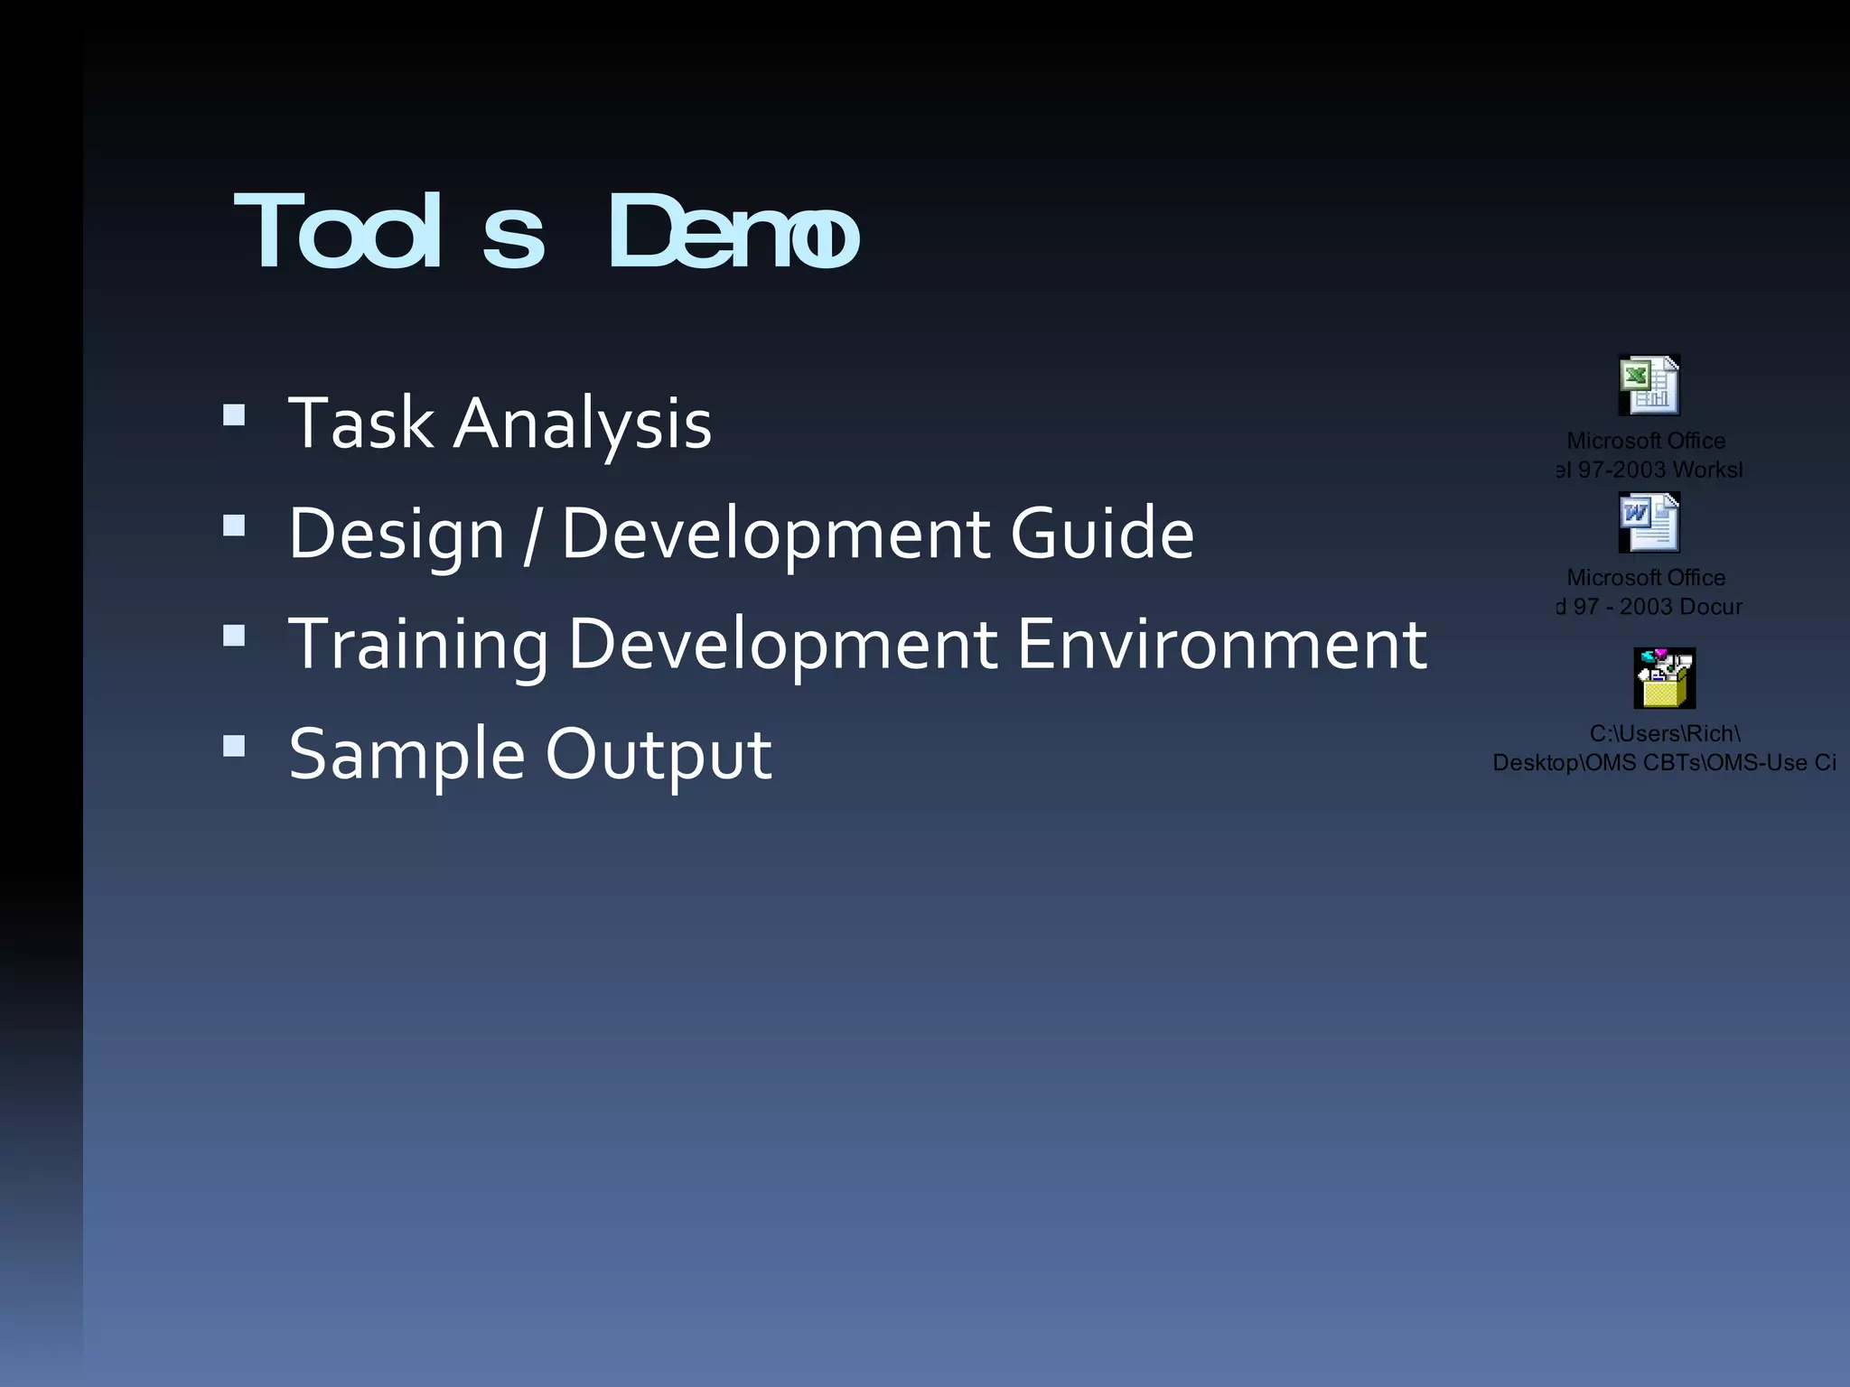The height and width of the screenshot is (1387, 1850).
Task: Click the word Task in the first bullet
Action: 360,423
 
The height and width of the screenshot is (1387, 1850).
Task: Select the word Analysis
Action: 582,424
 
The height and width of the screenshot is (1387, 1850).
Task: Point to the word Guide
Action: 1101,533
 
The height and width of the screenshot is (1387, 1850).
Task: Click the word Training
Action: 418,645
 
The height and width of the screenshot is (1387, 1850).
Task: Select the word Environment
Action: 1221,643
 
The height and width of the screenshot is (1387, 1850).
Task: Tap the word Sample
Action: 406,755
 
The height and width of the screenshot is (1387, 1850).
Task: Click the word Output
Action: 658,755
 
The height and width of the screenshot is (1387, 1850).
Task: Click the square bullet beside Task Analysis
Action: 234,414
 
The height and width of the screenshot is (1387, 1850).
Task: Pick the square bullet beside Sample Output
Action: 234,745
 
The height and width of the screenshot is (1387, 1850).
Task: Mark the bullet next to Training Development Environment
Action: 234,636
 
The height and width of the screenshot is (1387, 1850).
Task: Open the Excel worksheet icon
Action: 1649,386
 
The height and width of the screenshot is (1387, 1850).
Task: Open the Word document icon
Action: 1649,522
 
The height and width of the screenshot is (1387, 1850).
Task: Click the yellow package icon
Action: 1664,678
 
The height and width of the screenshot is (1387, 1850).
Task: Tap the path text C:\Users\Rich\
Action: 1664,733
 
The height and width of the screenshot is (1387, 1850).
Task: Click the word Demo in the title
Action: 733,233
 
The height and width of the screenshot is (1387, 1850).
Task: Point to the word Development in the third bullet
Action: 782,645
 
